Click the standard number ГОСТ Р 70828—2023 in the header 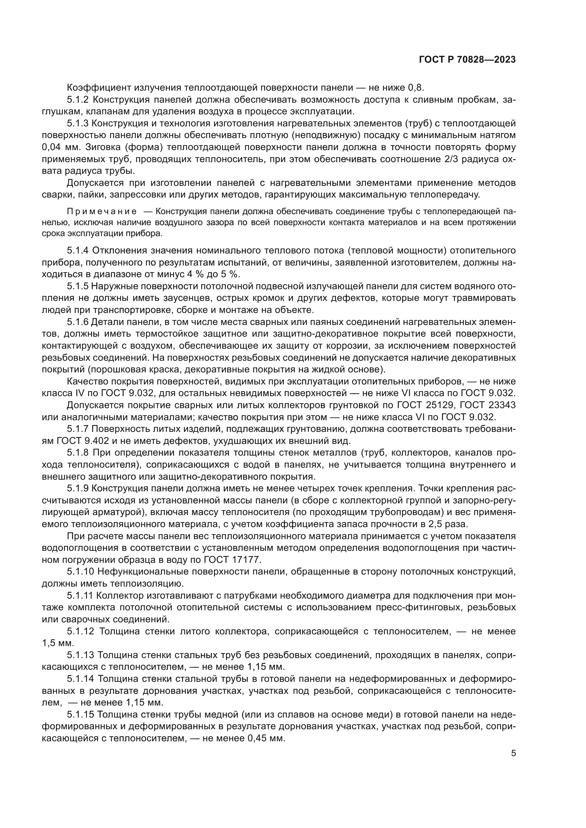point(467,60)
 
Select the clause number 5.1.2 point(78,99)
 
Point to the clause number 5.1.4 point(78,251)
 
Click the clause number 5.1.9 point(78,488)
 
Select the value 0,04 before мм point(52,148)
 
